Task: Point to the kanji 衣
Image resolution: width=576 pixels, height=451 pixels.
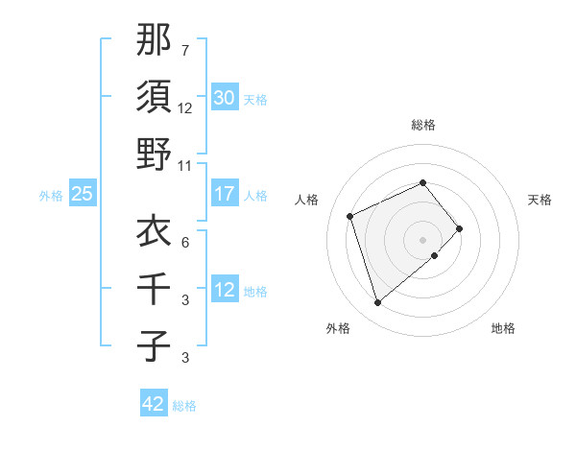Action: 154,231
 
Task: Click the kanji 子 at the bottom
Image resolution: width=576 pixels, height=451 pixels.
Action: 154,345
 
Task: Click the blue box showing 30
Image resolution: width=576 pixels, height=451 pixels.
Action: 224,98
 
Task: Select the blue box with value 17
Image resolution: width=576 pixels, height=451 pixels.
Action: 224,194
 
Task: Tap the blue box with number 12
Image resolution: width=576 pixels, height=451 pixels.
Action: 224,290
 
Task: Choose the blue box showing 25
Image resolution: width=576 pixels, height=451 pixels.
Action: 83,194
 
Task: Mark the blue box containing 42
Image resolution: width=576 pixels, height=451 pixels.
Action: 154,404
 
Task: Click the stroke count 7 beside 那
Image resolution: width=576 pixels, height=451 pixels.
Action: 184,50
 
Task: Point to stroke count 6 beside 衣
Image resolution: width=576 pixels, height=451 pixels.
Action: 184,242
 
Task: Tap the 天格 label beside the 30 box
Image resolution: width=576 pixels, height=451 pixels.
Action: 255,100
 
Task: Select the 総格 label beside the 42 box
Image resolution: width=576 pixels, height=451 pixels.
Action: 184,406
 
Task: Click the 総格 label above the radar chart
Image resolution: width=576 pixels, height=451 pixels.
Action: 422,125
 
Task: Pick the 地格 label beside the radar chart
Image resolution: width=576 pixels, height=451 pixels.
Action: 503,328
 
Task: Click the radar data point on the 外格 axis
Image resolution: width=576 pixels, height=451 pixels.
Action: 377,303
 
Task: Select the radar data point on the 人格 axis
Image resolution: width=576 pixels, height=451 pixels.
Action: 350,215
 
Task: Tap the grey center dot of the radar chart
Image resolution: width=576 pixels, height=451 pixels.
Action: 422,239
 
